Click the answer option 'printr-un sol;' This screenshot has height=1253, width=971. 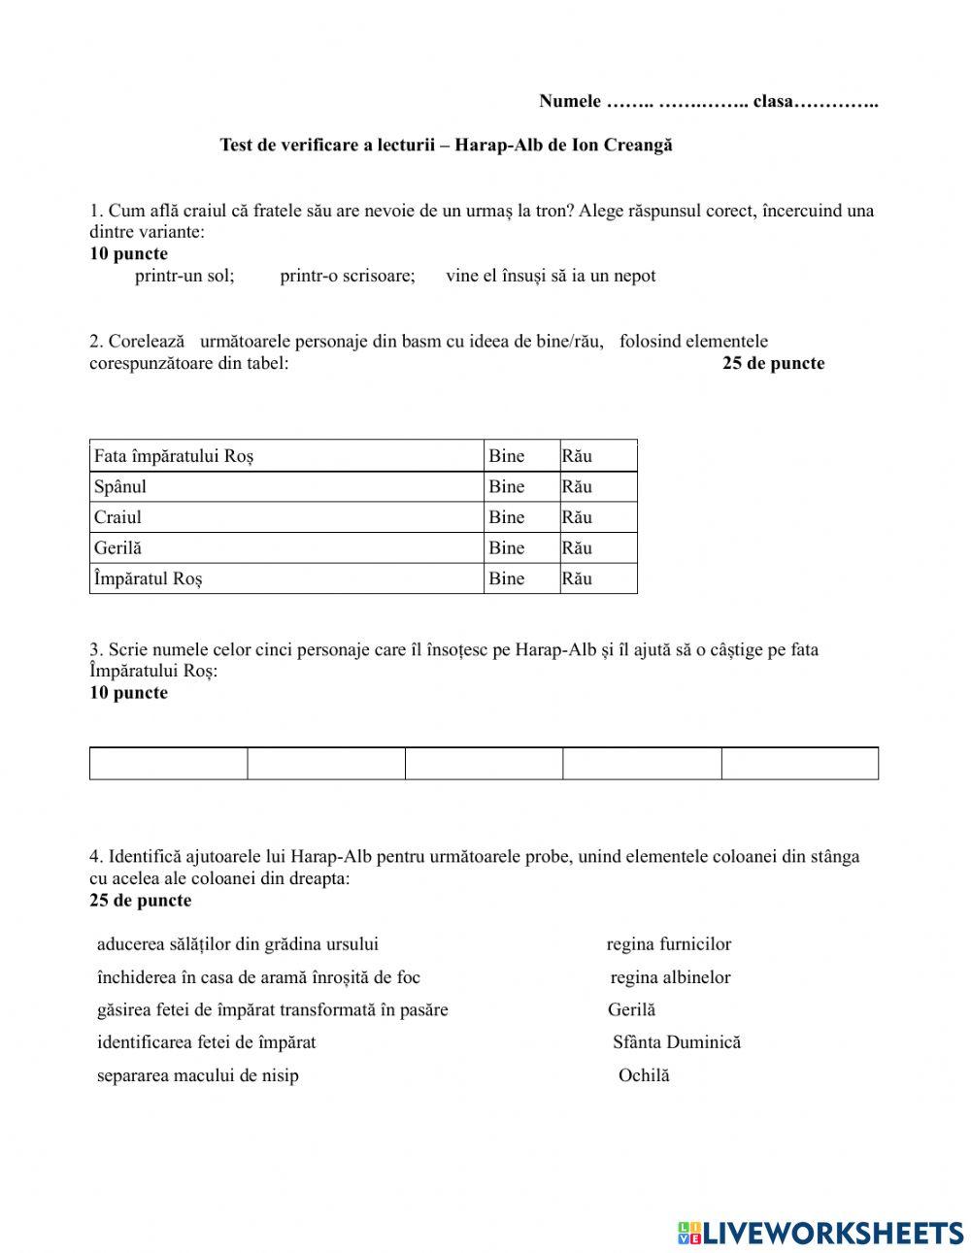(x=184, y=276)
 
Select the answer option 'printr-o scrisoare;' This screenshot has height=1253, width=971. (x=348, y=276)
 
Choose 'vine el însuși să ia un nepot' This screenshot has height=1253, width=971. (x=551, y=276)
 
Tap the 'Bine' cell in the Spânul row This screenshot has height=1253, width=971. (x=507, y=487)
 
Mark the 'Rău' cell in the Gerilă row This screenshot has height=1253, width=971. (x=577, y=548)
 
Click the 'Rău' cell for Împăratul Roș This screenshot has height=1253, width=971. (x=577, y=578)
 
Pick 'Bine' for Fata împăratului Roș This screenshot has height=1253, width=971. (x=507, y=456)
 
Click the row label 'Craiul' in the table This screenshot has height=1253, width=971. (x=117, y=517)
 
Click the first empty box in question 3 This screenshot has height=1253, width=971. (x=168, y=764)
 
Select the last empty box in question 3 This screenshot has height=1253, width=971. (x=800, y=764)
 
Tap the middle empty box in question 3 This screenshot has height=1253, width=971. (x=484, y=764)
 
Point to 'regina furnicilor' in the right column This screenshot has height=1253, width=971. (x=669, y=944)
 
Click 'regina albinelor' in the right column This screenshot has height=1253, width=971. (x=670, y=977)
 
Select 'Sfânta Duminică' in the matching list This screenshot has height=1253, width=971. (x=677, y=1042)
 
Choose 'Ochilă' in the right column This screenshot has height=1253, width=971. (x=644, y=1075)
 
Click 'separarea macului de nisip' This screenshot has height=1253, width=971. (x=198, y=1075)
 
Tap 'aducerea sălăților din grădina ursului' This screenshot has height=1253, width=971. (x=238, y=944)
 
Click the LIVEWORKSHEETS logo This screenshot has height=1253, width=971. (x=820, y=1232)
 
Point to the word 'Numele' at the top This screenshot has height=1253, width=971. (x=570, y=102)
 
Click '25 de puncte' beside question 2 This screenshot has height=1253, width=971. (x=773, y=364)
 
